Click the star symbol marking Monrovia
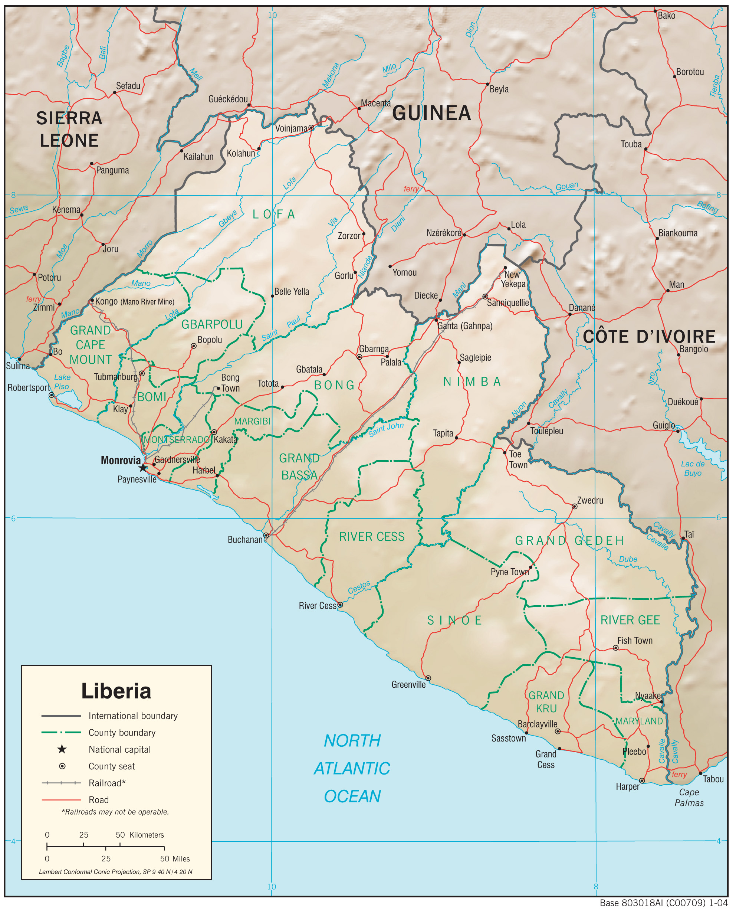pos(143,468)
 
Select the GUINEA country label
pos(431,113)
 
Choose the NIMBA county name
pos(472,382)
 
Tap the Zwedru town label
pos(590,500)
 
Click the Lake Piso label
pos(62,382)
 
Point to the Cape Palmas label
pos(689,797)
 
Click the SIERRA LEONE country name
pos(69,129)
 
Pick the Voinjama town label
pos(291,128)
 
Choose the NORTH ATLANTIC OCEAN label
pos(352,768)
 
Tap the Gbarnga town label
pos(374,349)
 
